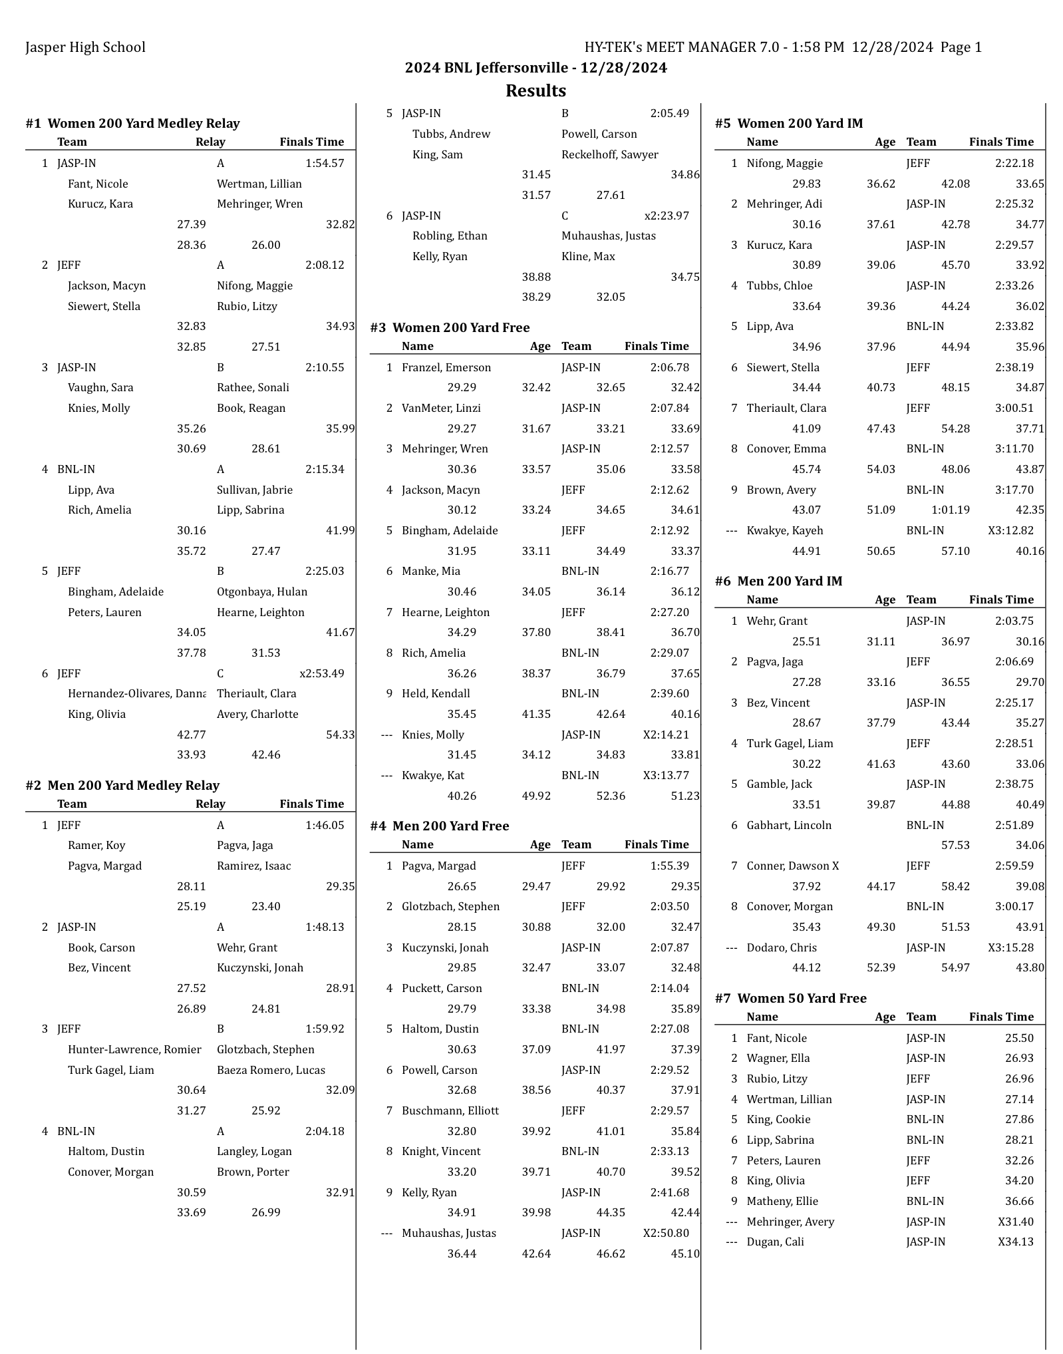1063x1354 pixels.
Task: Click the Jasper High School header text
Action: pos(85,47)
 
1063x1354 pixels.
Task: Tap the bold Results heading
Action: pos(535,90)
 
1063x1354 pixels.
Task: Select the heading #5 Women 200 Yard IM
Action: pos(789,123)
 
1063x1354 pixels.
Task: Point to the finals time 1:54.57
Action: pos(325,163)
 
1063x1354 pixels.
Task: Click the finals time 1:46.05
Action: pos(325,825)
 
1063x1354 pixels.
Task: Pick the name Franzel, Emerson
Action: pos(446,367)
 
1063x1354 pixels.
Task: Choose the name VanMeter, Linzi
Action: pos(441,408)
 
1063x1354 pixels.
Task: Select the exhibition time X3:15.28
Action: pos(1010,947)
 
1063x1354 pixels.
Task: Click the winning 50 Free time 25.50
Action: pos(1019,1038)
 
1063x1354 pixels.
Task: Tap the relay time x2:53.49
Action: pos(322,673)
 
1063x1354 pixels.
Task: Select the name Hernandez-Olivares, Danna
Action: pos(136,693)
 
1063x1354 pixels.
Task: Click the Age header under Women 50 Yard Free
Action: pos(885,1017)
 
